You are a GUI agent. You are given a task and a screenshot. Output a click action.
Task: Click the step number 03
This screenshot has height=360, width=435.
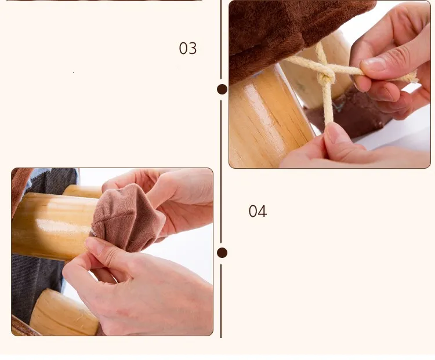tap(188, 48)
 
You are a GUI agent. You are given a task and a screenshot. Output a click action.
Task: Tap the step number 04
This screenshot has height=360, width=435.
tap(258, 212)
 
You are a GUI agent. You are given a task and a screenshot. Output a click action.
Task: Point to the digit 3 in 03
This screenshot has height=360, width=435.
tap(193, 48)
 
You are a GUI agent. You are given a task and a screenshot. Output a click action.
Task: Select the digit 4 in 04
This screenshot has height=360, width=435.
tap(262, 212)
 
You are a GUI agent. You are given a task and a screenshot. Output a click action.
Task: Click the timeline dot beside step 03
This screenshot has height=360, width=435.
tap(222, 89)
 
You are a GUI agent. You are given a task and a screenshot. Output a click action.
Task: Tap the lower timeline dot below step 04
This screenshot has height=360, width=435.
tap(222, 253)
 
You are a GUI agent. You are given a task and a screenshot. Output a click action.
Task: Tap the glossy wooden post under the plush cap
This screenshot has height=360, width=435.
tap(53, 226)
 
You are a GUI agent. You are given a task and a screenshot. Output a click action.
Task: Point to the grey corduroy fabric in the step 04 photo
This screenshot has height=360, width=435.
tap(36, 283)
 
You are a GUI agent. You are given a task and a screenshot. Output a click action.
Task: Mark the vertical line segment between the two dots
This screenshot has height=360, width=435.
tap(221, 171)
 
